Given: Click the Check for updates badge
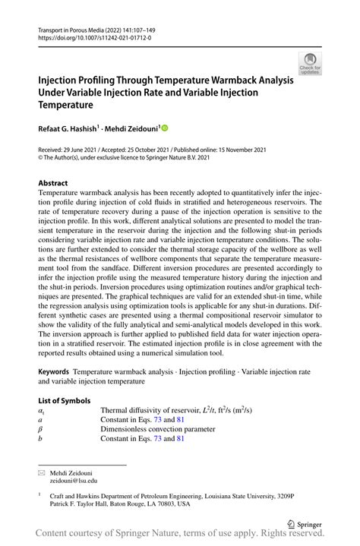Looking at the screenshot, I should click(x=309, y=65).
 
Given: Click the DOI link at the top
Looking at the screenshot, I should click(x=88, y=36).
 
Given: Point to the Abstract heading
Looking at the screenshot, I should click(x=53, y=183).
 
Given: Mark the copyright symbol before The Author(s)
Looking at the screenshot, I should click(x=41, y=159).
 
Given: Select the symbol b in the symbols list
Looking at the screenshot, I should click(x=40, y=439).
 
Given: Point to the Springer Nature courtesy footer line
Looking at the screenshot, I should click(x=181, y=537).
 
